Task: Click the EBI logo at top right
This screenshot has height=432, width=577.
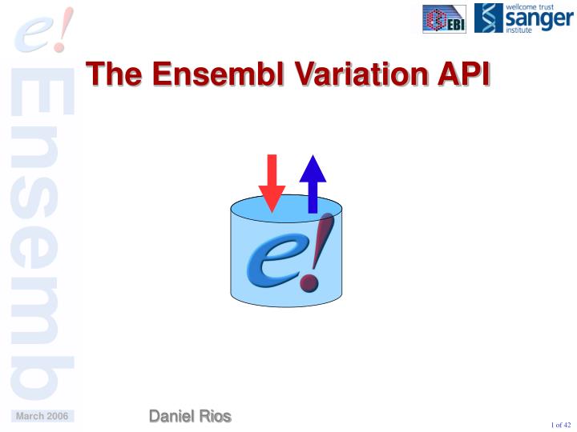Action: point(444,18)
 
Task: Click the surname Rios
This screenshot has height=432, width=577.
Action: point(216,416)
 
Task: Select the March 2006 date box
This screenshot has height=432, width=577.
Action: point(42,416)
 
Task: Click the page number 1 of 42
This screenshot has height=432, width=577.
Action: point(560,424)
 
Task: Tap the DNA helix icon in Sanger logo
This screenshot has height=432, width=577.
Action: point(488,18)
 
